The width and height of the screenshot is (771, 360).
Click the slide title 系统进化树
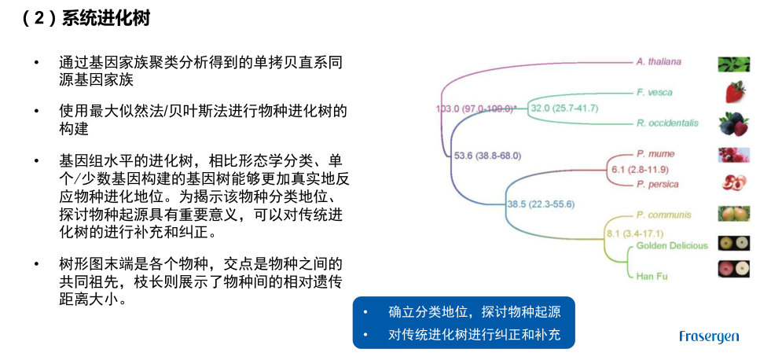[106, 19]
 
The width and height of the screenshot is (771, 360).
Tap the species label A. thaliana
[659, 61]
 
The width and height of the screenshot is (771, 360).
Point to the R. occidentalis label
[667, 123]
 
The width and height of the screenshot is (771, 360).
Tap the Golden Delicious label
[672, 245]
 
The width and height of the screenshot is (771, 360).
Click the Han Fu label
[652, 277]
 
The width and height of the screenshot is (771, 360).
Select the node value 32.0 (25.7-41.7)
[563, 108]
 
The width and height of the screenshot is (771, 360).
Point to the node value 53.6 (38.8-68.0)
[487, 156]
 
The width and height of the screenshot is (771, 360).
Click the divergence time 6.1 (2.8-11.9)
[640, 170]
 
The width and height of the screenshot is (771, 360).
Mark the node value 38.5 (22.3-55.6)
[541, 204]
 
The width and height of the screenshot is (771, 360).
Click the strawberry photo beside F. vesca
[735, 92]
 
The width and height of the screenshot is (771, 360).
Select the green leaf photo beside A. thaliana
[733, 64]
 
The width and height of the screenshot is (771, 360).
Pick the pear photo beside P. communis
[733, 214]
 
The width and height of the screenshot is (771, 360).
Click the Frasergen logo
[709, 336]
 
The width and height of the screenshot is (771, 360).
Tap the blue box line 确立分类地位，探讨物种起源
[475, 312]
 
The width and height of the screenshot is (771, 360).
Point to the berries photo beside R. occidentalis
[733, 124]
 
